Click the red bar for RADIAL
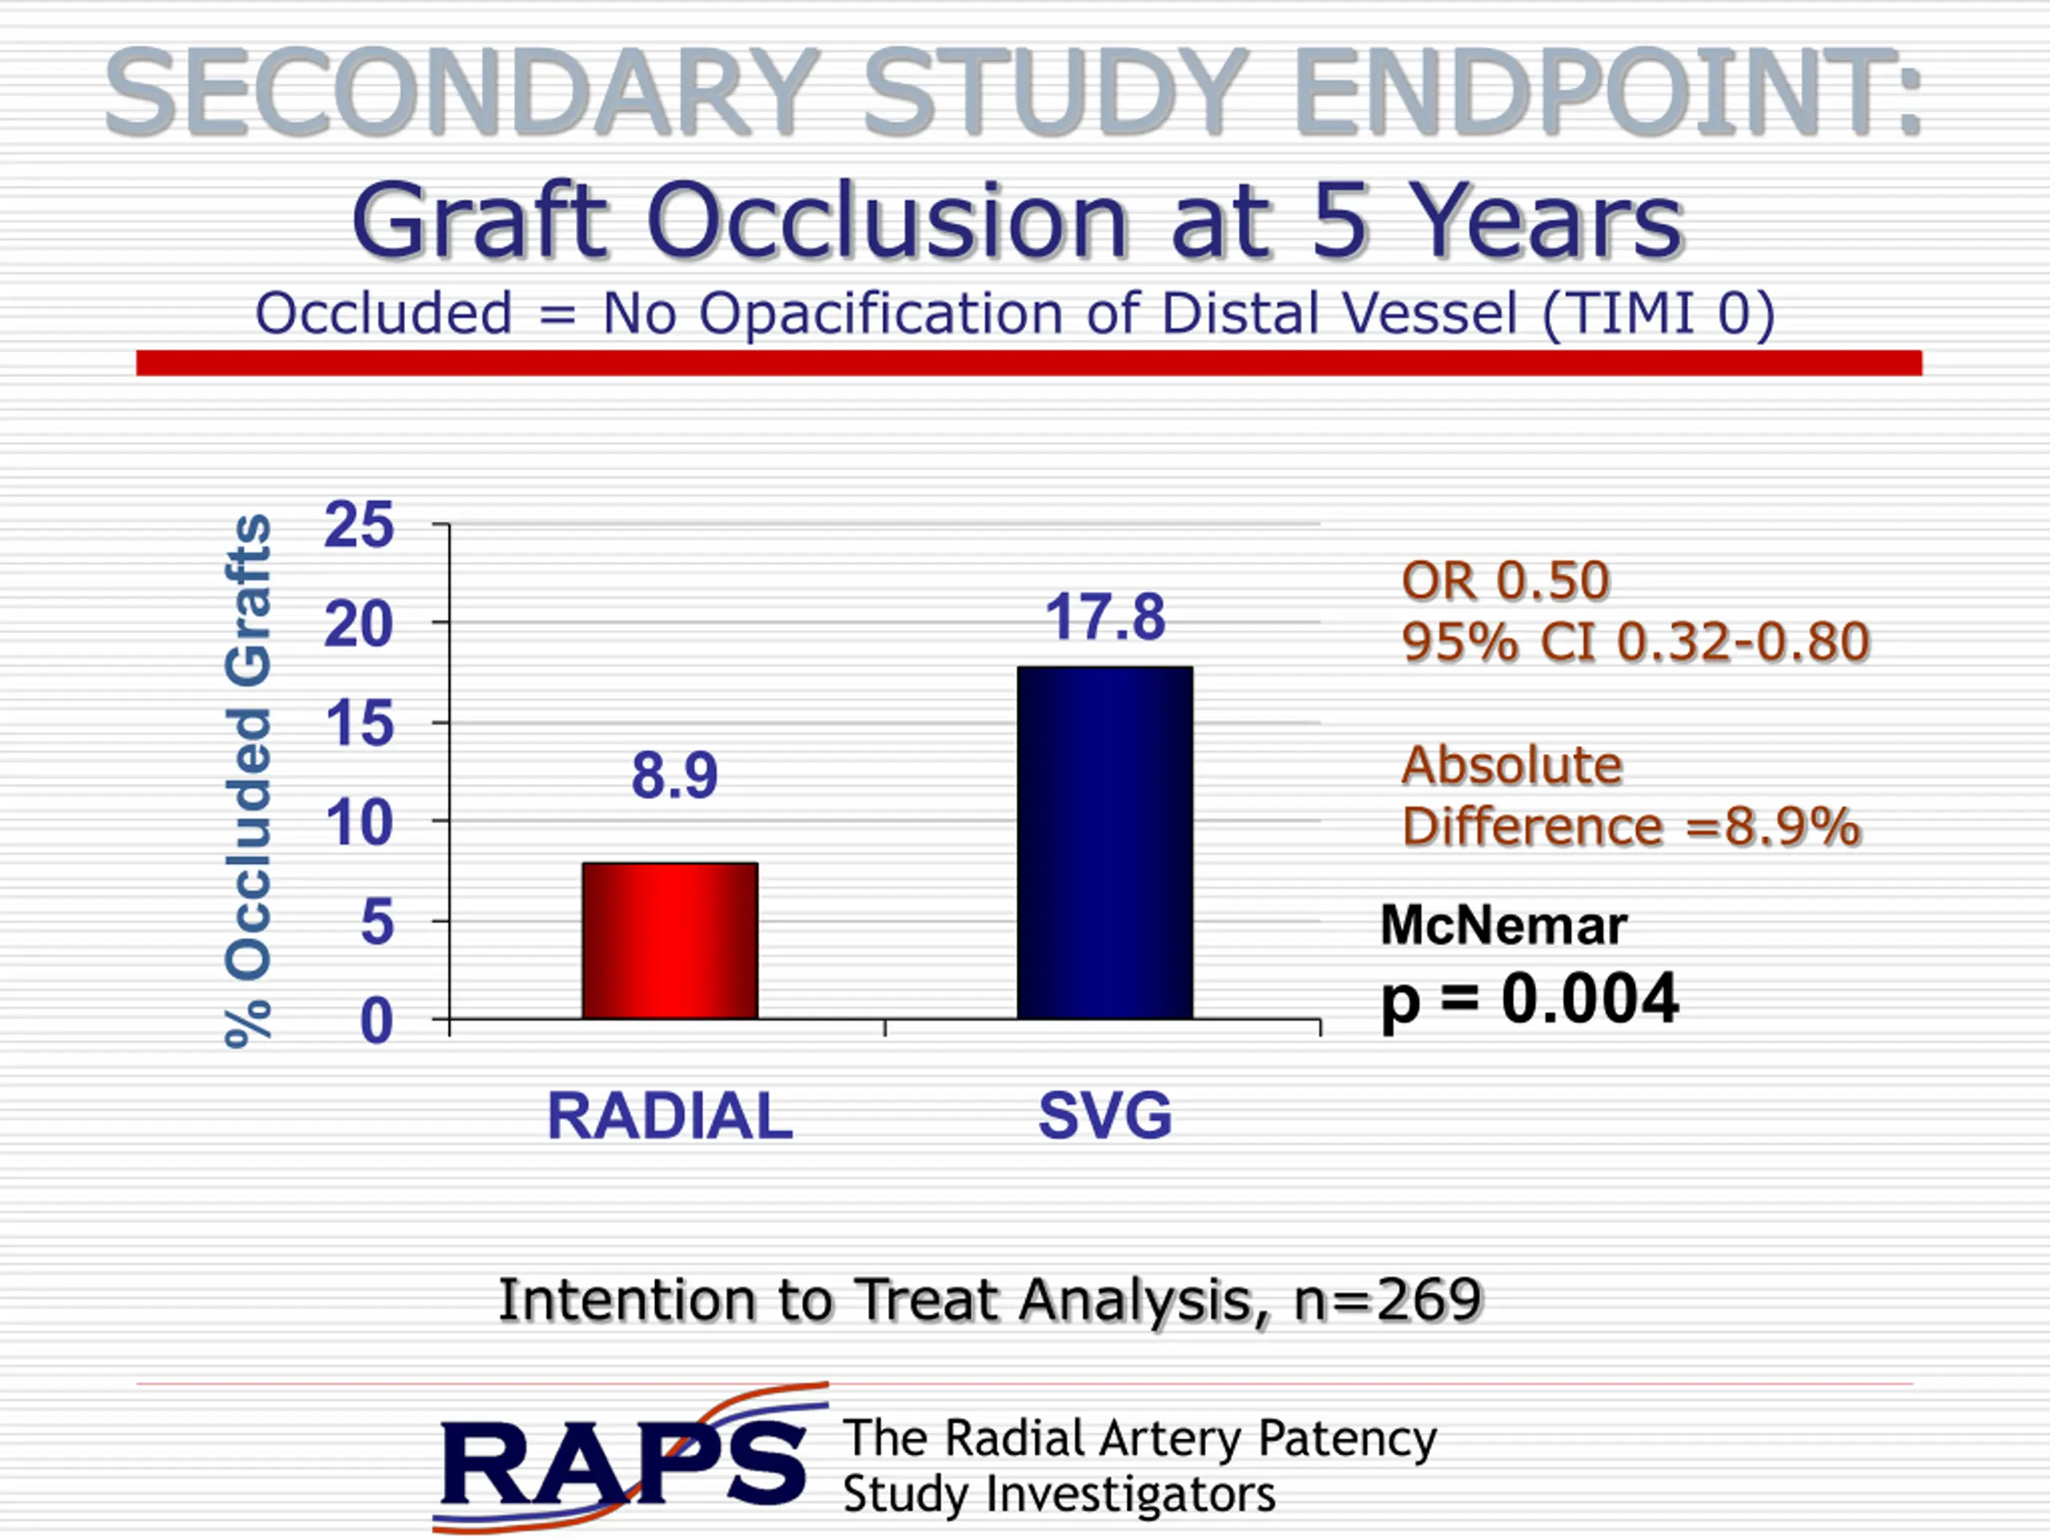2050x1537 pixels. [x=670, y=941]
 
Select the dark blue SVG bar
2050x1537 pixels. [x=1105, y=842]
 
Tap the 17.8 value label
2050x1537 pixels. [x=1105, y=617]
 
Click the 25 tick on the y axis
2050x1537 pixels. [x=359, y=525]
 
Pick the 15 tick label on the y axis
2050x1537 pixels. [x=359, y=724]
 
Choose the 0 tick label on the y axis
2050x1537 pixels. [x=376, y=1022]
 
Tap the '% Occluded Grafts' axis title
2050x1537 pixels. [x=248, y=781]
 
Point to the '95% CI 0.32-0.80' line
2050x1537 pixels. [x=1636, y=642]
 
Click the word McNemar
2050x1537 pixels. [x=1503, y=925]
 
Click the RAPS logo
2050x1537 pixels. [x=630, y=1459]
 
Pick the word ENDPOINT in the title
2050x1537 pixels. [x=1608, y=93]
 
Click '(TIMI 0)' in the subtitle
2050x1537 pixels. [x=1659, y=314]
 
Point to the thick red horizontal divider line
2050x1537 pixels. [x=1029, y=363]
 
